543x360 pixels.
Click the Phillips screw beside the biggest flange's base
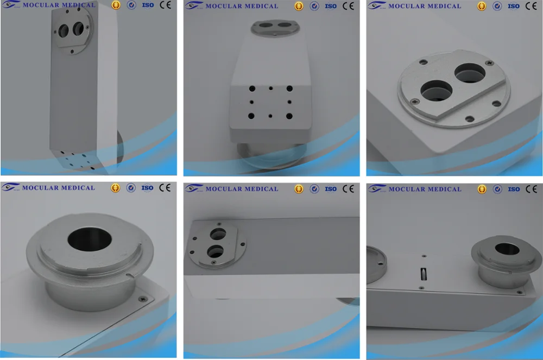(143, 298)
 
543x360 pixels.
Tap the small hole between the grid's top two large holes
(270, 88)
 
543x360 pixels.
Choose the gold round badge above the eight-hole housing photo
(299, 6)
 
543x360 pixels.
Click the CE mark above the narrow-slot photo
(530, 189)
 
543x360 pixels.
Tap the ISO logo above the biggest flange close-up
(148, 188)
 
